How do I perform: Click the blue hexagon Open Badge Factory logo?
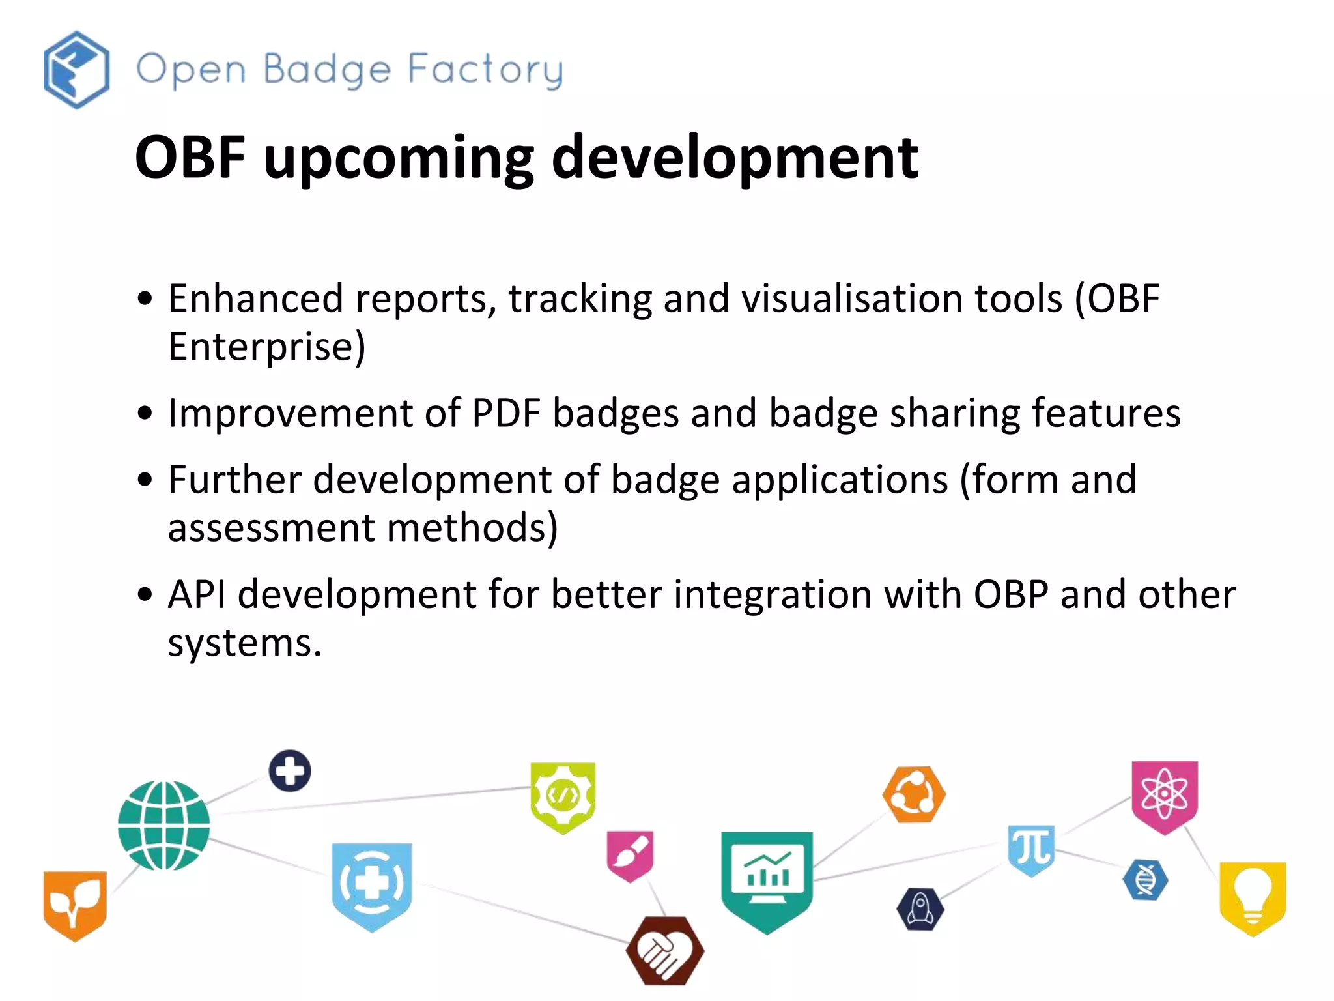(x=76, y=70)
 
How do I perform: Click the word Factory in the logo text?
(x=485, y=70)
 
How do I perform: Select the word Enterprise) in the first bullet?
(x=266, y=346)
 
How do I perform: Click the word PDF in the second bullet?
(x=506, y=413)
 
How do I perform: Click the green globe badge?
(x=164, y=825)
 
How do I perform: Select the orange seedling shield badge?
(x=75, y=905)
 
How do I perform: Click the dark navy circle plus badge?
(x=290, y=771)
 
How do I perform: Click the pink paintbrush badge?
(x=630, y=854)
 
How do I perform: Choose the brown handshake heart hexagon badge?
(x=664, y=950)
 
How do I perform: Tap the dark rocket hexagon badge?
(x=920, y=908)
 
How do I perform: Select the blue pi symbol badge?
(x=1030, y=849)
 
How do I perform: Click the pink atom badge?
(x=1164, y=795)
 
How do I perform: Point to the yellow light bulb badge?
(x=1252, y=897)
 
